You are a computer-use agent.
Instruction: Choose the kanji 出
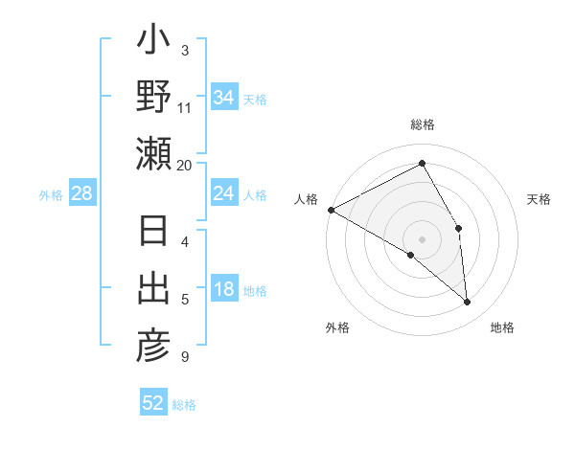tap(153, 289)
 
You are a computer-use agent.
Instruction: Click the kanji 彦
tap(153, 345)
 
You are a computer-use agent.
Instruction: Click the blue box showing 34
tap(223, 98)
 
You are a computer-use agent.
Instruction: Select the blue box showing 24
tap(223, 194)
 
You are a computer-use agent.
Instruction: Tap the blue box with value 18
tap(223, 290)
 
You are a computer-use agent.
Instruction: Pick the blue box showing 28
tap(82, 194)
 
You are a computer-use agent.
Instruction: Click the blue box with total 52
tap(153, 403)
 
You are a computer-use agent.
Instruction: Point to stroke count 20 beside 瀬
tap(185, 165)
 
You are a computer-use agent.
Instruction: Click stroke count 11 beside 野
tap(185, 107)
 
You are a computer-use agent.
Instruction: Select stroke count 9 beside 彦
tap(185, 357)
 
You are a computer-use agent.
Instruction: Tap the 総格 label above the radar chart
tap(423, 125)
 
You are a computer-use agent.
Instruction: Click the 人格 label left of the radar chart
tap(307, 199)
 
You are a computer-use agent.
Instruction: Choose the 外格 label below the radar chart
tap(337, 327)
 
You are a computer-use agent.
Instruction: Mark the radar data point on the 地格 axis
tap(468, 302)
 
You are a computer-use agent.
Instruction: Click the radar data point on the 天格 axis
tap(459, 228)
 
